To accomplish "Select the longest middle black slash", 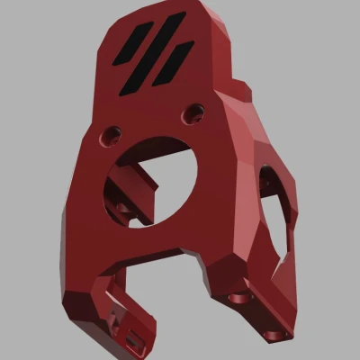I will (x=154, y=50).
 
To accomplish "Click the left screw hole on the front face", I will (x=112, y=134).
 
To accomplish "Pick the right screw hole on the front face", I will (x=192, y=113).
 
